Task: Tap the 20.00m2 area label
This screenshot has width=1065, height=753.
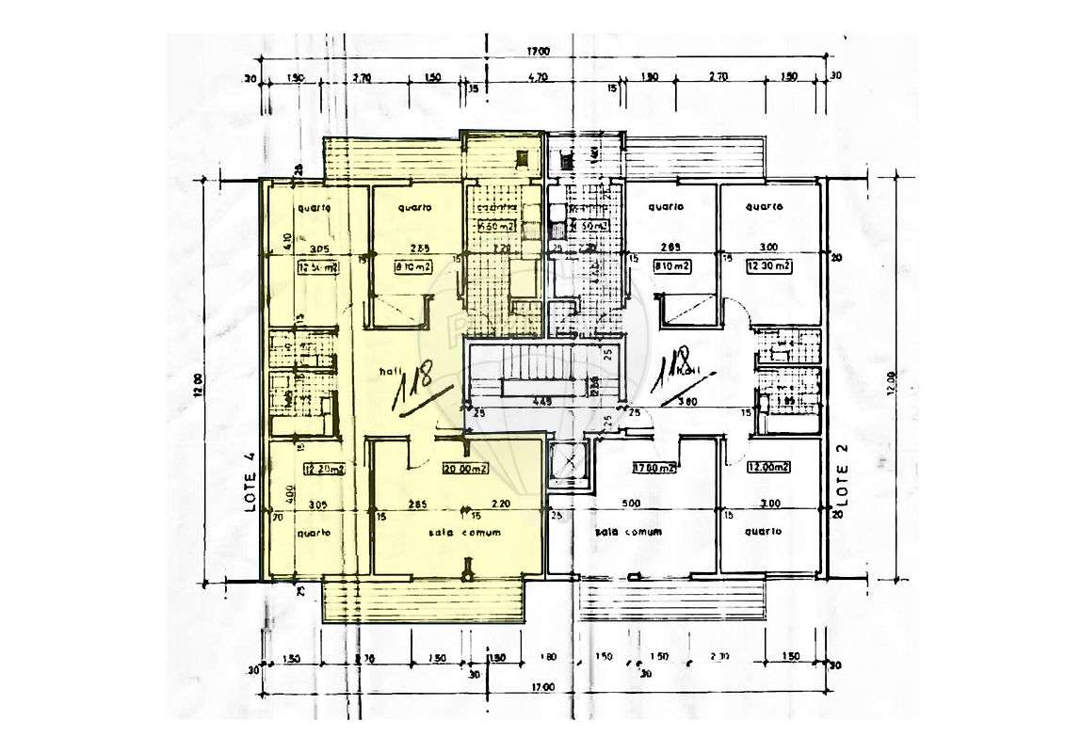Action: tap(466, 469)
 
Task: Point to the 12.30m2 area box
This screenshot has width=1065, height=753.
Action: tap(768, 266)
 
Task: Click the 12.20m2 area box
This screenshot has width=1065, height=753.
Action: tap(321, 468)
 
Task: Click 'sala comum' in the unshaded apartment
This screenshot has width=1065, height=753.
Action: tap(628, 532)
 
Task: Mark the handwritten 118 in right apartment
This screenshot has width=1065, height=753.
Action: tap(676, 369)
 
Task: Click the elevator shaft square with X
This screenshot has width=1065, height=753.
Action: tap(569, 462)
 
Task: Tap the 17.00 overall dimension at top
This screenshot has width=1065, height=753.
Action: tap(539, 52)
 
